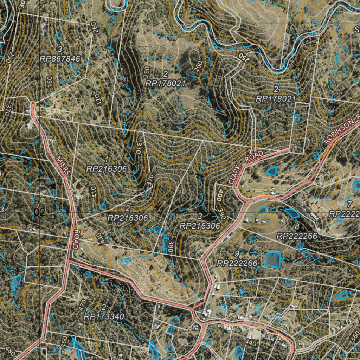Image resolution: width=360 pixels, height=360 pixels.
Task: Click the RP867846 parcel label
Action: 60,59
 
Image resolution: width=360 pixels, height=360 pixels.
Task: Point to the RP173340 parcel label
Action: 104,316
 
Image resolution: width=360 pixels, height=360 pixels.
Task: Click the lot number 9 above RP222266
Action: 237,253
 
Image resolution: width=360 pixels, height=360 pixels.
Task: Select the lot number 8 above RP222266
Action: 297,226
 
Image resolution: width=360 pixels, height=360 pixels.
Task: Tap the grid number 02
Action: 40,212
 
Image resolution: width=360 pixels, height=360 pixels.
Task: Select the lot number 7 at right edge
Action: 349,204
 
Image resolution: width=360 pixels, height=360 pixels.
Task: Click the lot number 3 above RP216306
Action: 199,216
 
